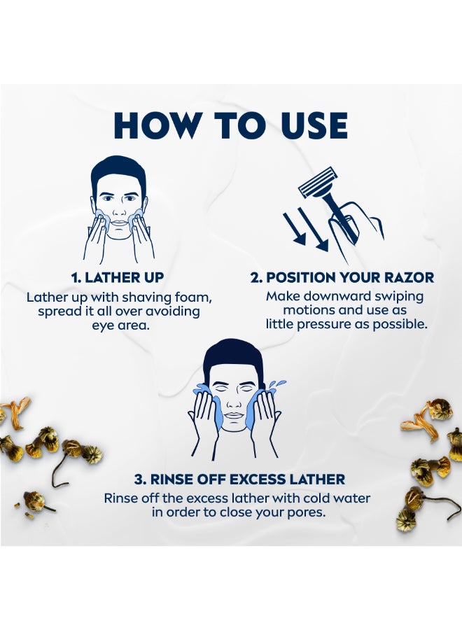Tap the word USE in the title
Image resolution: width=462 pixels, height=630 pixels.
(311, 125)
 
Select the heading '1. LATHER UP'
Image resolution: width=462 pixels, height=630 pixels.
(118, 277)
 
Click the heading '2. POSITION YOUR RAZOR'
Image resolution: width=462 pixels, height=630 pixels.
(342, 277)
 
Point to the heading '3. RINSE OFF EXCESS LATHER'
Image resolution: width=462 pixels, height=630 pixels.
(240, 479)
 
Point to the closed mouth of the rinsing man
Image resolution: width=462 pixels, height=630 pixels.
(234, 415)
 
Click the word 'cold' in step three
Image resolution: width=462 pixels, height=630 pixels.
(317, 498)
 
